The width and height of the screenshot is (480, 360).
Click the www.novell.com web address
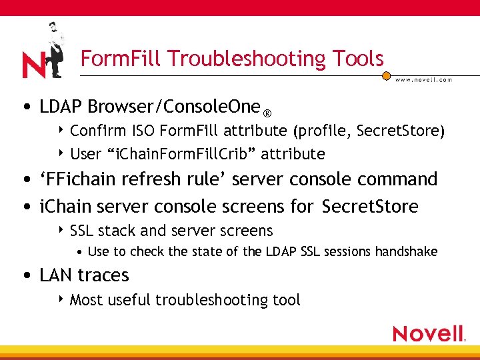click(x=424, y=79)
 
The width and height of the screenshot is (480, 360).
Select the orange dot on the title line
click(x=386, y=76)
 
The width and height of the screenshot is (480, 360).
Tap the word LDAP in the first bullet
click(x=61, y=107)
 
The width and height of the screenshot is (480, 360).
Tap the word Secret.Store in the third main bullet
click(x=370, y=207)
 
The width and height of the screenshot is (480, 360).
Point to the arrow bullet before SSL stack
click(x=61, y=230)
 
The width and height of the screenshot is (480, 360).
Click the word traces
click(x=106, y=275)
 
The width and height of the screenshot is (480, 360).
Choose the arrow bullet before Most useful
click(x=61, y=299)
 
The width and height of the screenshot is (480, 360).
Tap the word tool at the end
click(x=287, y=300)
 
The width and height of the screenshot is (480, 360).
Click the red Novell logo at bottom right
click(x=428, y=333)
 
